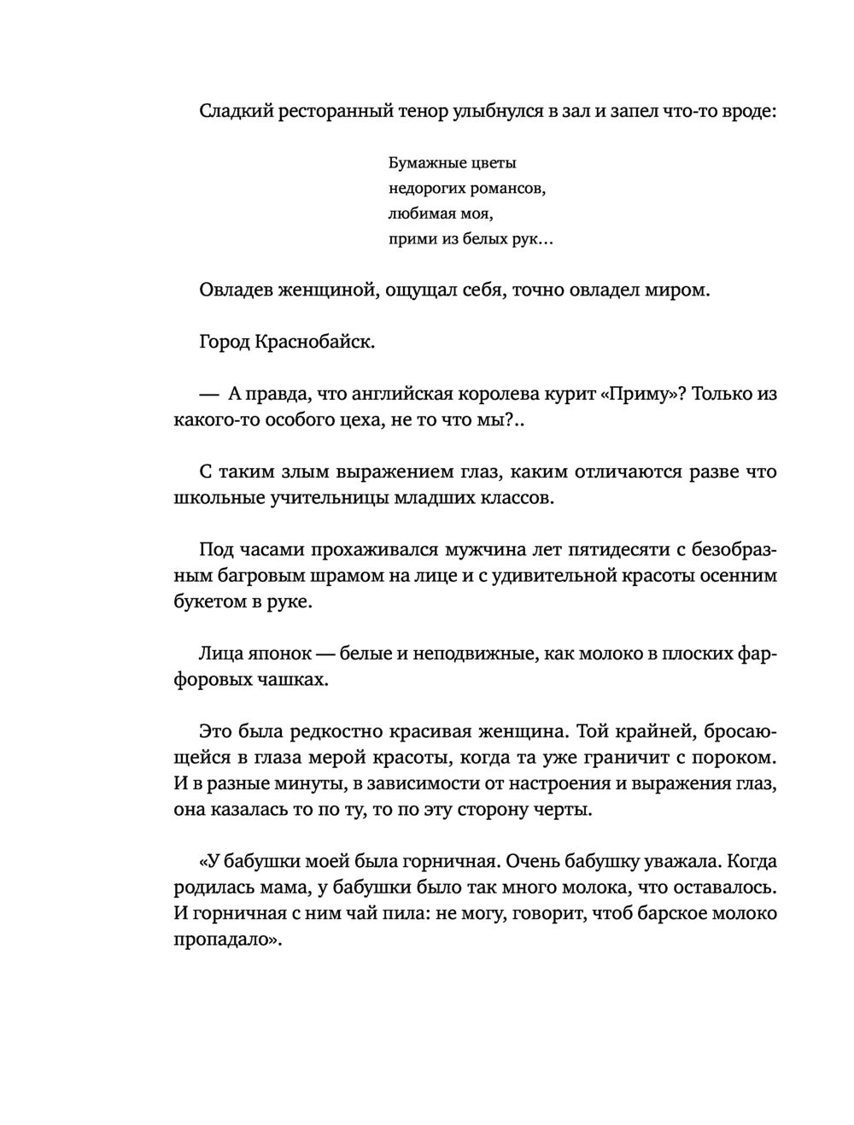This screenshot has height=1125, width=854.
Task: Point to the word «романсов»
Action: pos(504,188)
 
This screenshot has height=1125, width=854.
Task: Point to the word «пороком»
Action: pos(734,758)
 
